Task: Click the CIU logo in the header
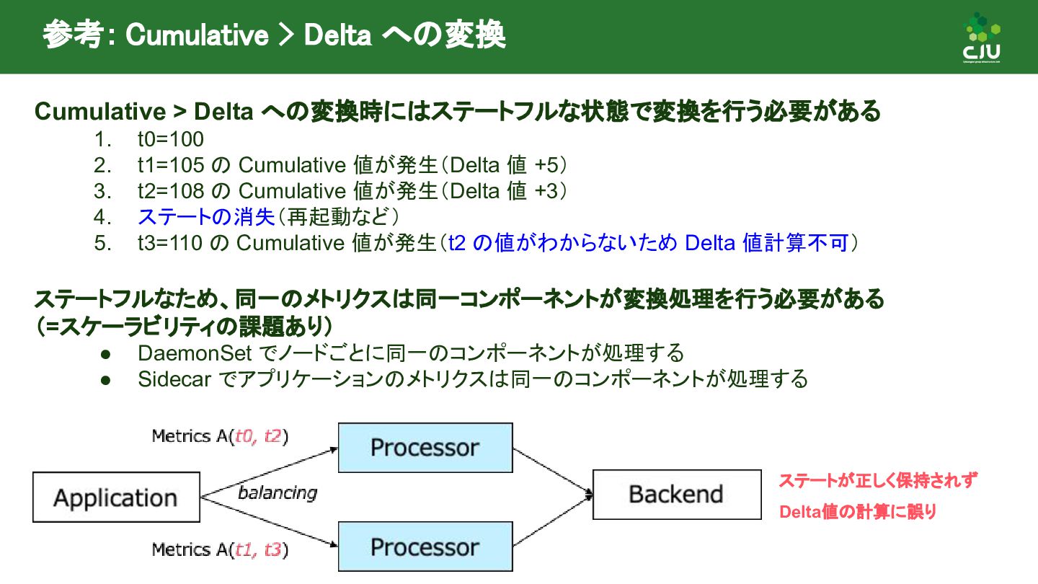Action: click(x=982, y=38)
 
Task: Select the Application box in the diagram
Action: click(x=116, y=497)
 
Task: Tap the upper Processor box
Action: click(x=425, y=448)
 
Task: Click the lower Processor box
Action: click(x=425, y=547)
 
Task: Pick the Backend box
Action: click(x=676, y=494)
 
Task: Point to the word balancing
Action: click(x=278, y=493)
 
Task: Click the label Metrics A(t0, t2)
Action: click(x=220, y=436)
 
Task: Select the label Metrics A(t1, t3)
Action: click(x=220, y=550)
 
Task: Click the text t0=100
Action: click(x=171, y=139)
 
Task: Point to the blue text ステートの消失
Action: click(x=206, y=216)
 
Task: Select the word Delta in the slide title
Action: click(x=337, y=36)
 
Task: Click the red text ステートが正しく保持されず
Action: click(x=878, y=481)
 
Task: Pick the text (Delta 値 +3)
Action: click(x=504, y=191)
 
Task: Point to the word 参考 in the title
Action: click(x=73, y=36)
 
